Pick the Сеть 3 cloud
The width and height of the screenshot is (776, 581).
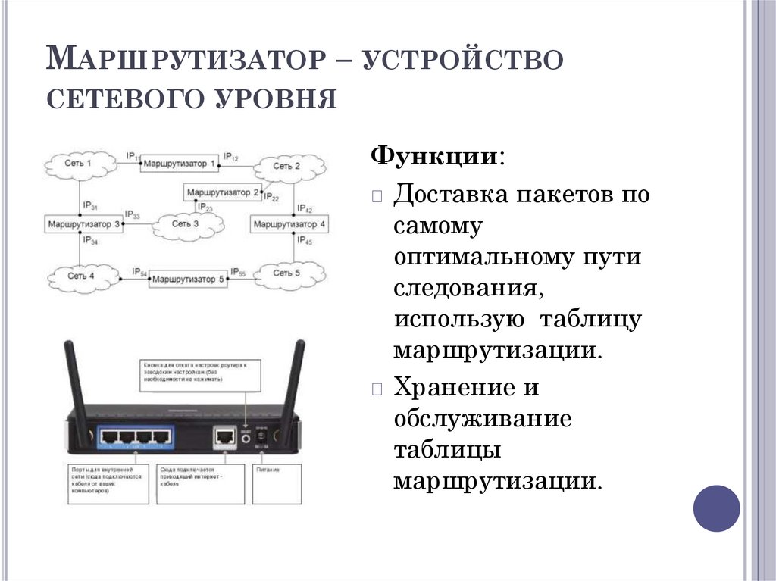186,224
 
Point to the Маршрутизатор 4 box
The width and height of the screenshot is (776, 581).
290,225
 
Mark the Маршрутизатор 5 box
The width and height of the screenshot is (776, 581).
188,279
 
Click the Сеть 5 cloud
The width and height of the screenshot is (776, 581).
287,273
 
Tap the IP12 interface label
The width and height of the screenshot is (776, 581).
230,157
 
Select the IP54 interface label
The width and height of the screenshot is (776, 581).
139,272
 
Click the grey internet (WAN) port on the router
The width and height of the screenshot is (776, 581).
224,436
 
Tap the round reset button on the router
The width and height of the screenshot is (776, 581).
245,436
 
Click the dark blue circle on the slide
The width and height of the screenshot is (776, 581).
716,508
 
